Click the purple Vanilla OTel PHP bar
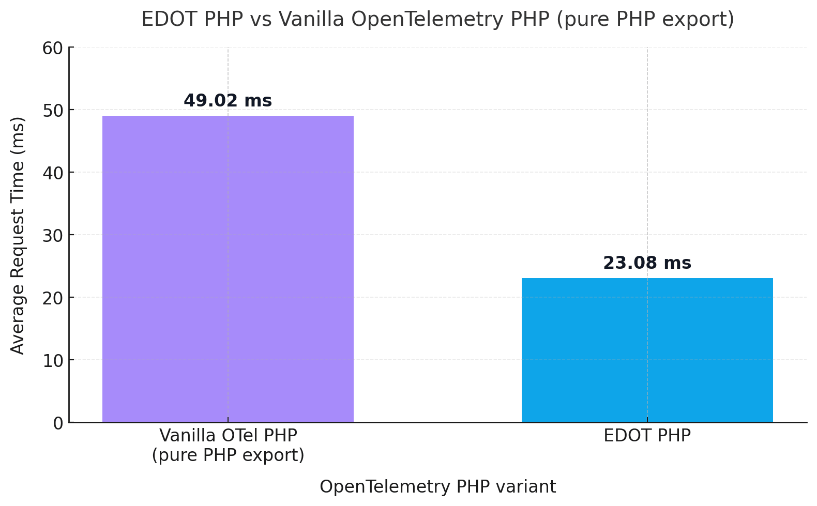tap(228, 269)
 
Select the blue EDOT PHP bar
tap(647, 350)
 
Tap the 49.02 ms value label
tap(228, 101)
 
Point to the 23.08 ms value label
tap(647, 263)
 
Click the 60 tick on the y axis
tap(52, 48)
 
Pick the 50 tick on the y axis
tap(52, 111)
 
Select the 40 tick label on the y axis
tap(52, 173)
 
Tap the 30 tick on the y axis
tap(52, 235)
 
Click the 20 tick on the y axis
tap(52, 298)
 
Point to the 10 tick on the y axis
tap(52, 360)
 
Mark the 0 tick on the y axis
tap(58, 423)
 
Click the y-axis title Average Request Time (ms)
tap(18, 236)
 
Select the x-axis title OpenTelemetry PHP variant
tap(437, 487)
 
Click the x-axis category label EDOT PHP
tap(647, 436)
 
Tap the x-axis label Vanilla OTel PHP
tap(228, 436)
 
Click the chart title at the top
tap(437, 20)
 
